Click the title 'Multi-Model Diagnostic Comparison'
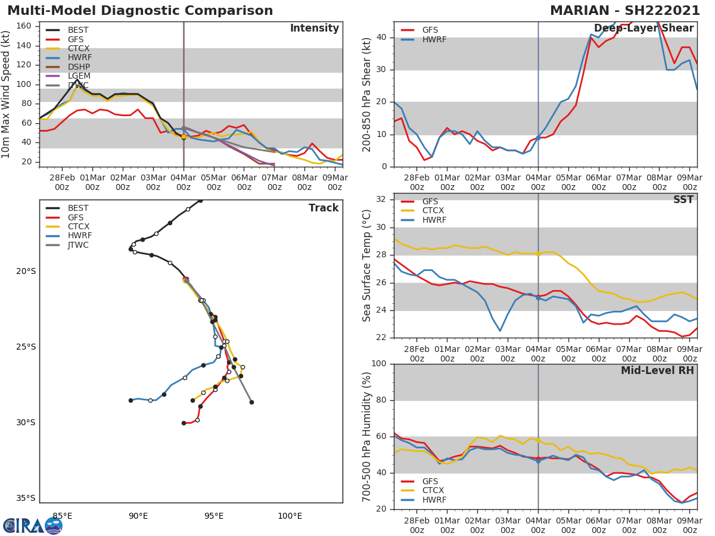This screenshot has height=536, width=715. point(140,11)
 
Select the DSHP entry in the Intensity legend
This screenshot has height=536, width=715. point(79,67)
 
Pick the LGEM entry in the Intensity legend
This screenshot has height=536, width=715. point(79,76)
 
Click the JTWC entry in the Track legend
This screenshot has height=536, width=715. point(78,245)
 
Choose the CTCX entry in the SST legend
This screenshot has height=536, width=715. point(433,211)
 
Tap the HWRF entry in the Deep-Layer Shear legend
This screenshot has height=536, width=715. point(434,40)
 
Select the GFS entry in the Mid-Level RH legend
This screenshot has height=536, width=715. point(430,481)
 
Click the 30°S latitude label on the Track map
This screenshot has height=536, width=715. point(26,423)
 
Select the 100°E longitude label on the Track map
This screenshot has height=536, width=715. point(290,516)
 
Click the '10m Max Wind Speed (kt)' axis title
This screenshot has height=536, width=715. point(7,94)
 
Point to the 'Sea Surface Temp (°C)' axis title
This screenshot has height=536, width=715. point(367,266)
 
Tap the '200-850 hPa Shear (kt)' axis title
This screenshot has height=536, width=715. point(367,94)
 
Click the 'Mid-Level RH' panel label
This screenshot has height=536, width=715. point(657,370)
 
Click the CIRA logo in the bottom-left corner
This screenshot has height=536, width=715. point(33,525)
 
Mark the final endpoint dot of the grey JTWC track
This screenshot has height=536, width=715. point(251,402)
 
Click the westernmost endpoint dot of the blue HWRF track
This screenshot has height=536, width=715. point(130,400)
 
